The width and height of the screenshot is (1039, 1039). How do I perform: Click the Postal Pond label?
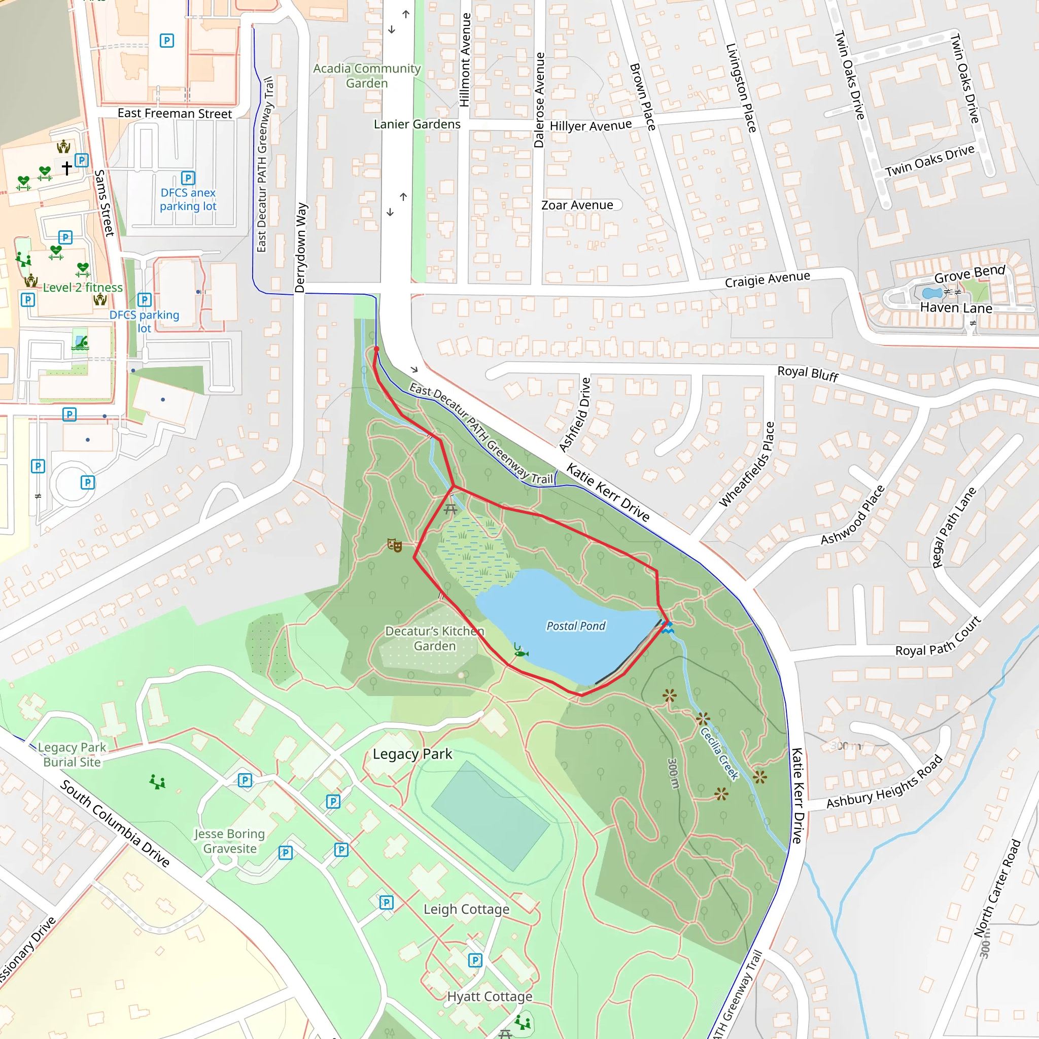pos(575,626)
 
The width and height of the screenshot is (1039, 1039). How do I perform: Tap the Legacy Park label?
pos(412,754)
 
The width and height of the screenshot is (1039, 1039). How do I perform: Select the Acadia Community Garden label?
pos(367,76)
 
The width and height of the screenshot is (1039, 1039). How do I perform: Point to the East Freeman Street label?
pos(175,114)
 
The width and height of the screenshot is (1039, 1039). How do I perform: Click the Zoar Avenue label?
pos(577,205)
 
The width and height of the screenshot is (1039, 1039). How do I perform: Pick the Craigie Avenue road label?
pos(768,280)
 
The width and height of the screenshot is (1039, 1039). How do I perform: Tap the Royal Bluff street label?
pos(808,374)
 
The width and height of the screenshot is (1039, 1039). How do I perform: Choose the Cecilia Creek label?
pos(719,753)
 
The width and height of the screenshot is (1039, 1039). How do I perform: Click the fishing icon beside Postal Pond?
pos(520,653)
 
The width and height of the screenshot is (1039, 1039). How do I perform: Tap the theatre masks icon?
pos(395,546)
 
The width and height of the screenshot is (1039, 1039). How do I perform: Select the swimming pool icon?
pos(80,343)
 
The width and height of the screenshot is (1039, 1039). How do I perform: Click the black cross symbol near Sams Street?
pos(66,168)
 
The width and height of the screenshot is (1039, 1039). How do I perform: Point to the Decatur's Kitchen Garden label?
pos(435,638)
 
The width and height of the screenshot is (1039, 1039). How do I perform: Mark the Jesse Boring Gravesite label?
pos(230,841)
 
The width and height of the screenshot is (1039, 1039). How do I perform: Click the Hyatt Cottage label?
pos(490,996)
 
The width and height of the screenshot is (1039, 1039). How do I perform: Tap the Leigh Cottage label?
pos(466,910)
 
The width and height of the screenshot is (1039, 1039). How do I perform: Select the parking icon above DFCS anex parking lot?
pos(188,178)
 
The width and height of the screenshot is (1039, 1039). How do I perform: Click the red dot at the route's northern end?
pos(376,349)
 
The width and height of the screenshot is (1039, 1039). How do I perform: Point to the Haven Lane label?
pos(956,308)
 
